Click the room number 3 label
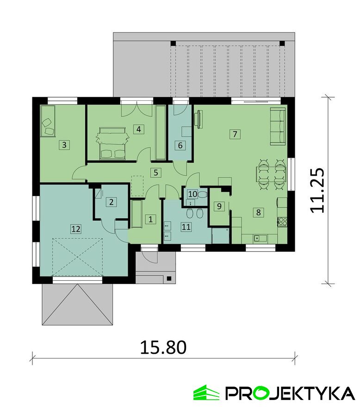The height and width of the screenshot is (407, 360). click(64, 145)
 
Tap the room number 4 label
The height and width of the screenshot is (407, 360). click(138, 129)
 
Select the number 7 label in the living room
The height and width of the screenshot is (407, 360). click(235, 134)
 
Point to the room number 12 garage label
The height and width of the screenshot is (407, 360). click(76, 229)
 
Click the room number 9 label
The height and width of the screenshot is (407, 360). click(219, 206)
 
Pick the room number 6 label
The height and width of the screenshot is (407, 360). click(180, 145)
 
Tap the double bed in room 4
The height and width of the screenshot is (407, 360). click(112, 143)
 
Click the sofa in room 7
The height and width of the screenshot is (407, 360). click(278, 126)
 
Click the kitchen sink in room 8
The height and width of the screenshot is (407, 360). click(260, 238)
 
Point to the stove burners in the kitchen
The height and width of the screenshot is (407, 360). click(282, 222)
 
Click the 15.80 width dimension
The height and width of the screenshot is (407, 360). click(163, 347)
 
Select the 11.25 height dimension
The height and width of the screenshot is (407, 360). click(317, 190)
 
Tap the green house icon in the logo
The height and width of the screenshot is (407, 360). click(206, 393)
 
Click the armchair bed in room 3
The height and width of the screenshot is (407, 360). click(48, 121)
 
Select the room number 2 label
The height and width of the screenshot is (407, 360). click(111, 202)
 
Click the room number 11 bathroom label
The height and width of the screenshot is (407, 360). click(186, 227)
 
